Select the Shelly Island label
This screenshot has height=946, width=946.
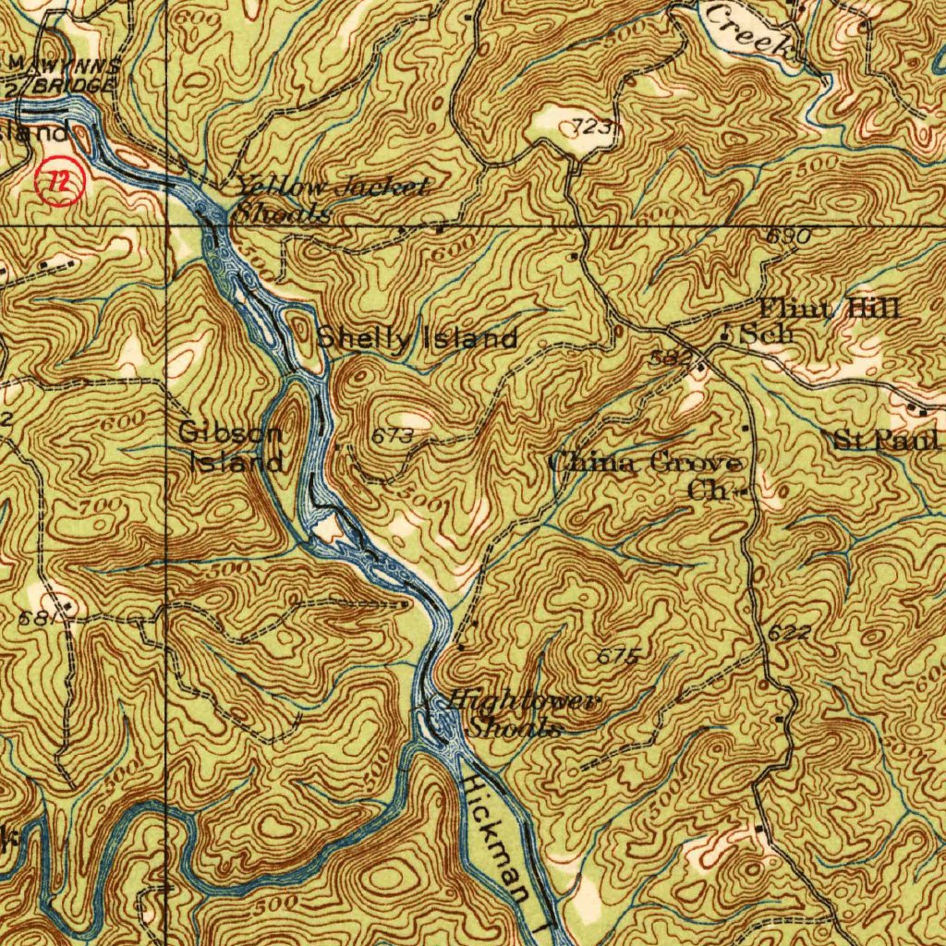pyautogui.click(x=417, y=339)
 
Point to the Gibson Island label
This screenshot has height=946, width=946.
pyautogui.click(x=232, y=446)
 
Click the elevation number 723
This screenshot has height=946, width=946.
pyautogui.click(x=590, y=127)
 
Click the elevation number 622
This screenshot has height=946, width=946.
pyautogui.click(x=789, y=633)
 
